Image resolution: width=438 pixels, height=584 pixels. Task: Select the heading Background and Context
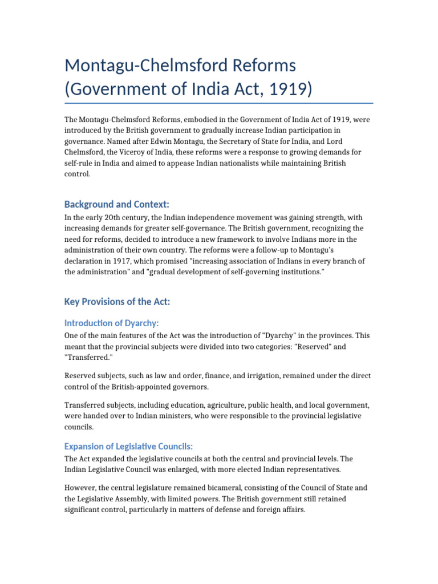(x=117, y=204)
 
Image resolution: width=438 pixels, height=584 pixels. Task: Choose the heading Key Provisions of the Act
(x=117, y=302)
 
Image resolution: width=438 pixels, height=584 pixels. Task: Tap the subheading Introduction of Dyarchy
(x=111, y=323)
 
